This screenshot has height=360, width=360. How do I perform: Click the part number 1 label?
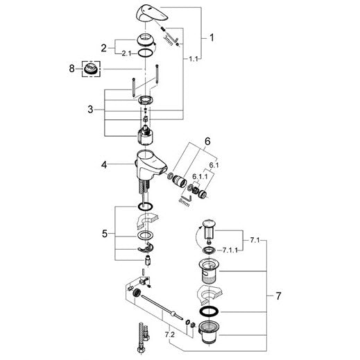click(212, 37)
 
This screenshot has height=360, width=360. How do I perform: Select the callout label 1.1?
click(194, 59)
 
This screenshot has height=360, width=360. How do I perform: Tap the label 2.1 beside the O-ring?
click(126, 53)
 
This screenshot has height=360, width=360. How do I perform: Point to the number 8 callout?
click(72, 69)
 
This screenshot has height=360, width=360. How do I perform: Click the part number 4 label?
click(104, 165)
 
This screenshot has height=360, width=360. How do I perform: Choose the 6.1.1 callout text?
click(200, 176)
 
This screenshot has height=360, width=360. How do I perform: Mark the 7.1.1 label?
click(230, 250)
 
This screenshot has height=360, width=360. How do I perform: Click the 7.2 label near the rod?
click(170, 334)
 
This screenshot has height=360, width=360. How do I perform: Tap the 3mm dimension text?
click(168, 40)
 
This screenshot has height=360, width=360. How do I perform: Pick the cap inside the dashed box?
click(91, 69)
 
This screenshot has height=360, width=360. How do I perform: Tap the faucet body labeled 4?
click(150, 164)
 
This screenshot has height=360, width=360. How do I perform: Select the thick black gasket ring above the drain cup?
click(209, 311)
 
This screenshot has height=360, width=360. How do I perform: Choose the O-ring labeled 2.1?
click(146, 53)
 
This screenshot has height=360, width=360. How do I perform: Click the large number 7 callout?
click(278, 296)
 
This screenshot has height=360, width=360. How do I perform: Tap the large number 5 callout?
click(105, 234)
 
